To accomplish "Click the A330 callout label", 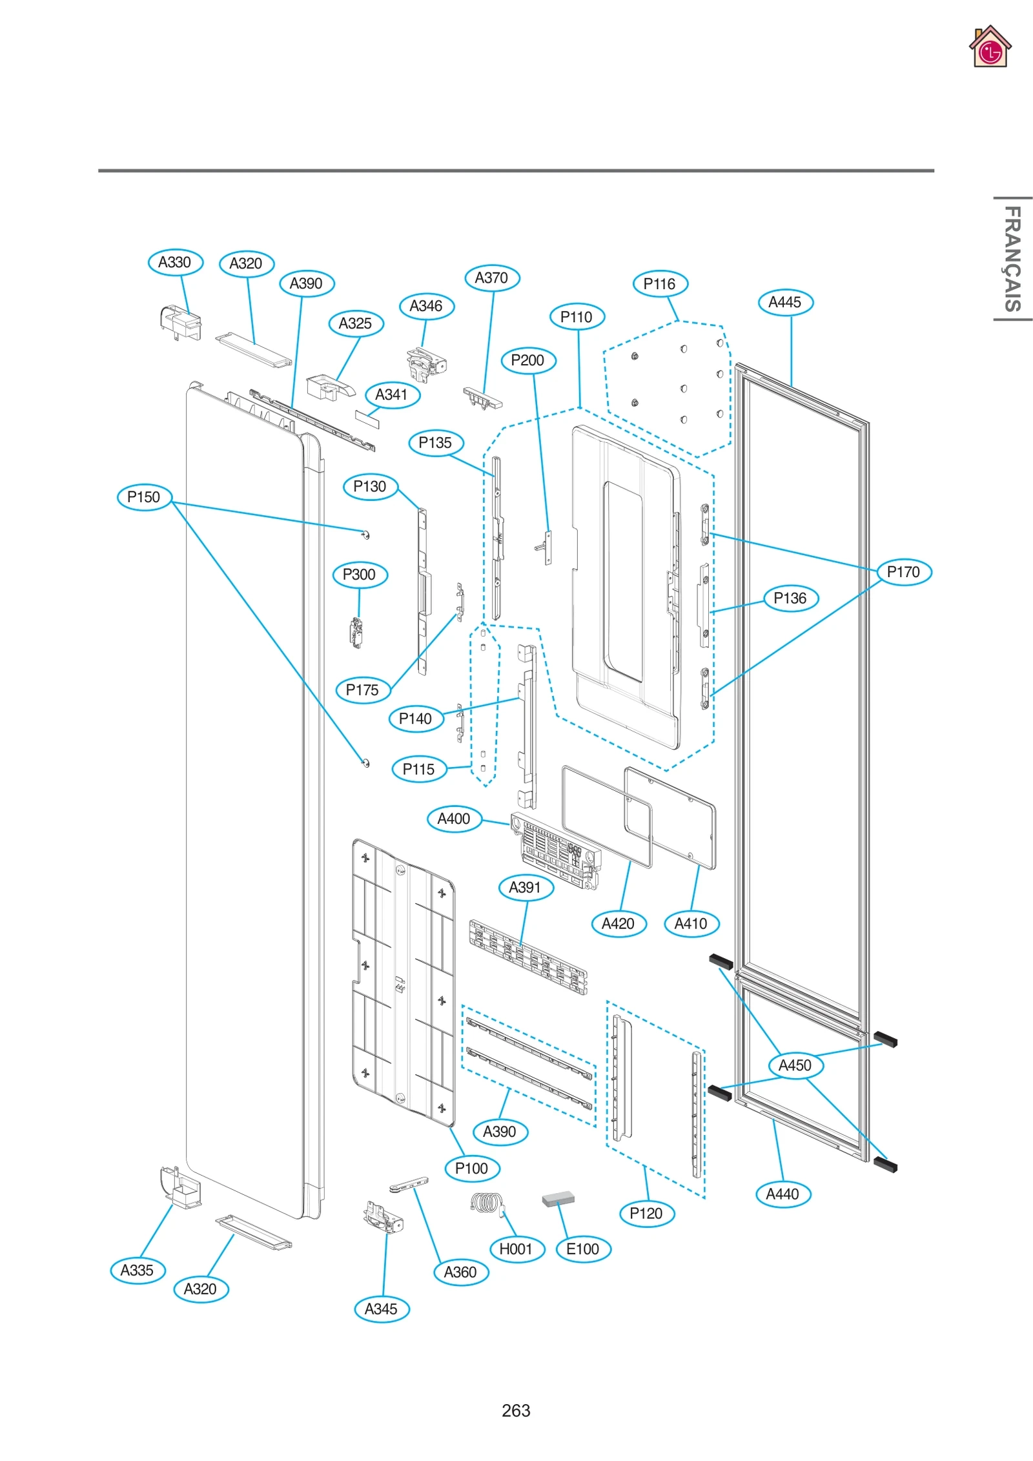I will tap(175, 262).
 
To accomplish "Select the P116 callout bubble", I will tap(660, 283).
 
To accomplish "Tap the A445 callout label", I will tap(785, 302).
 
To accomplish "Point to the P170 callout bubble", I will tap(904, 571).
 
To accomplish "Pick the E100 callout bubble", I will tap(583, 1249).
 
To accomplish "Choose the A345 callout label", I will tap(382, 1309).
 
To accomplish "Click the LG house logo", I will tap(990, 47).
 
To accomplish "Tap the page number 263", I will tap(516, 1411).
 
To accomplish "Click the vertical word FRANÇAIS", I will tap(1012, 258).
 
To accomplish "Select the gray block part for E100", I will tap(558, 1199).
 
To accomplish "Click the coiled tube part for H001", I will tap(486, 1203).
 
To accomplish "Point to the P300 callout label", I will tap(360, 575).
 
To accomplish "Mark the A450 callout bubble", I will tap(795, 1065).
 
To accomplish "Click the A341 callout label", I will tap(392, 394).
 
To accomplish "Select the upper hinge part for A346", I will tap(425, 365).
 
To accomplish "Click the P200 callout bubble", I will tap(528, 360).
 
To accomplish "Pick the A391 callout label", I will tap(526, 887).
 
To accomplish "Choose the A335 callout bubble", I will tap(138, 1270).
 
